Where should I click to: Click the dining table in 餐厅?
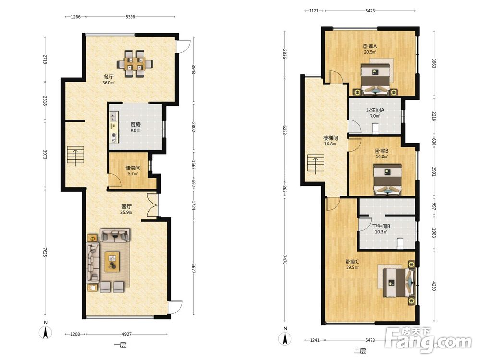135,63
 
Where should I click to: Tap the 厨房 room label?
135,124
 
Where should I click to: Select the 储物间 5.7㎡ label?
133,170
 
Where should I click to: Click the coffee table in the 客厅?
112,262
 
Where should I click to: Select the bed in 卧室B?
388,180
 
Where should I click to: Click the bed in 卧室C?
398,282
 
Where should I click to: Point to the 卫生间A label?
375,110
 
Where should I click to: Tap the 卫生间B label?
381,227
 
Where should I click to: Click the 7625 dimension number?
45,251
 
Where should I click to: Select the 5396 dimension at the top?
131,16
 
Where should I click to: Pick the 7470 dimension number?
285,260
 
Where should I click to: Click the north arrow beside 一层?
46,333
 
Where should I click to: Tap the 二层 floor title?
360,351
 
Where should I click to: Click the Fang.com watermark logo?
428,340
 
